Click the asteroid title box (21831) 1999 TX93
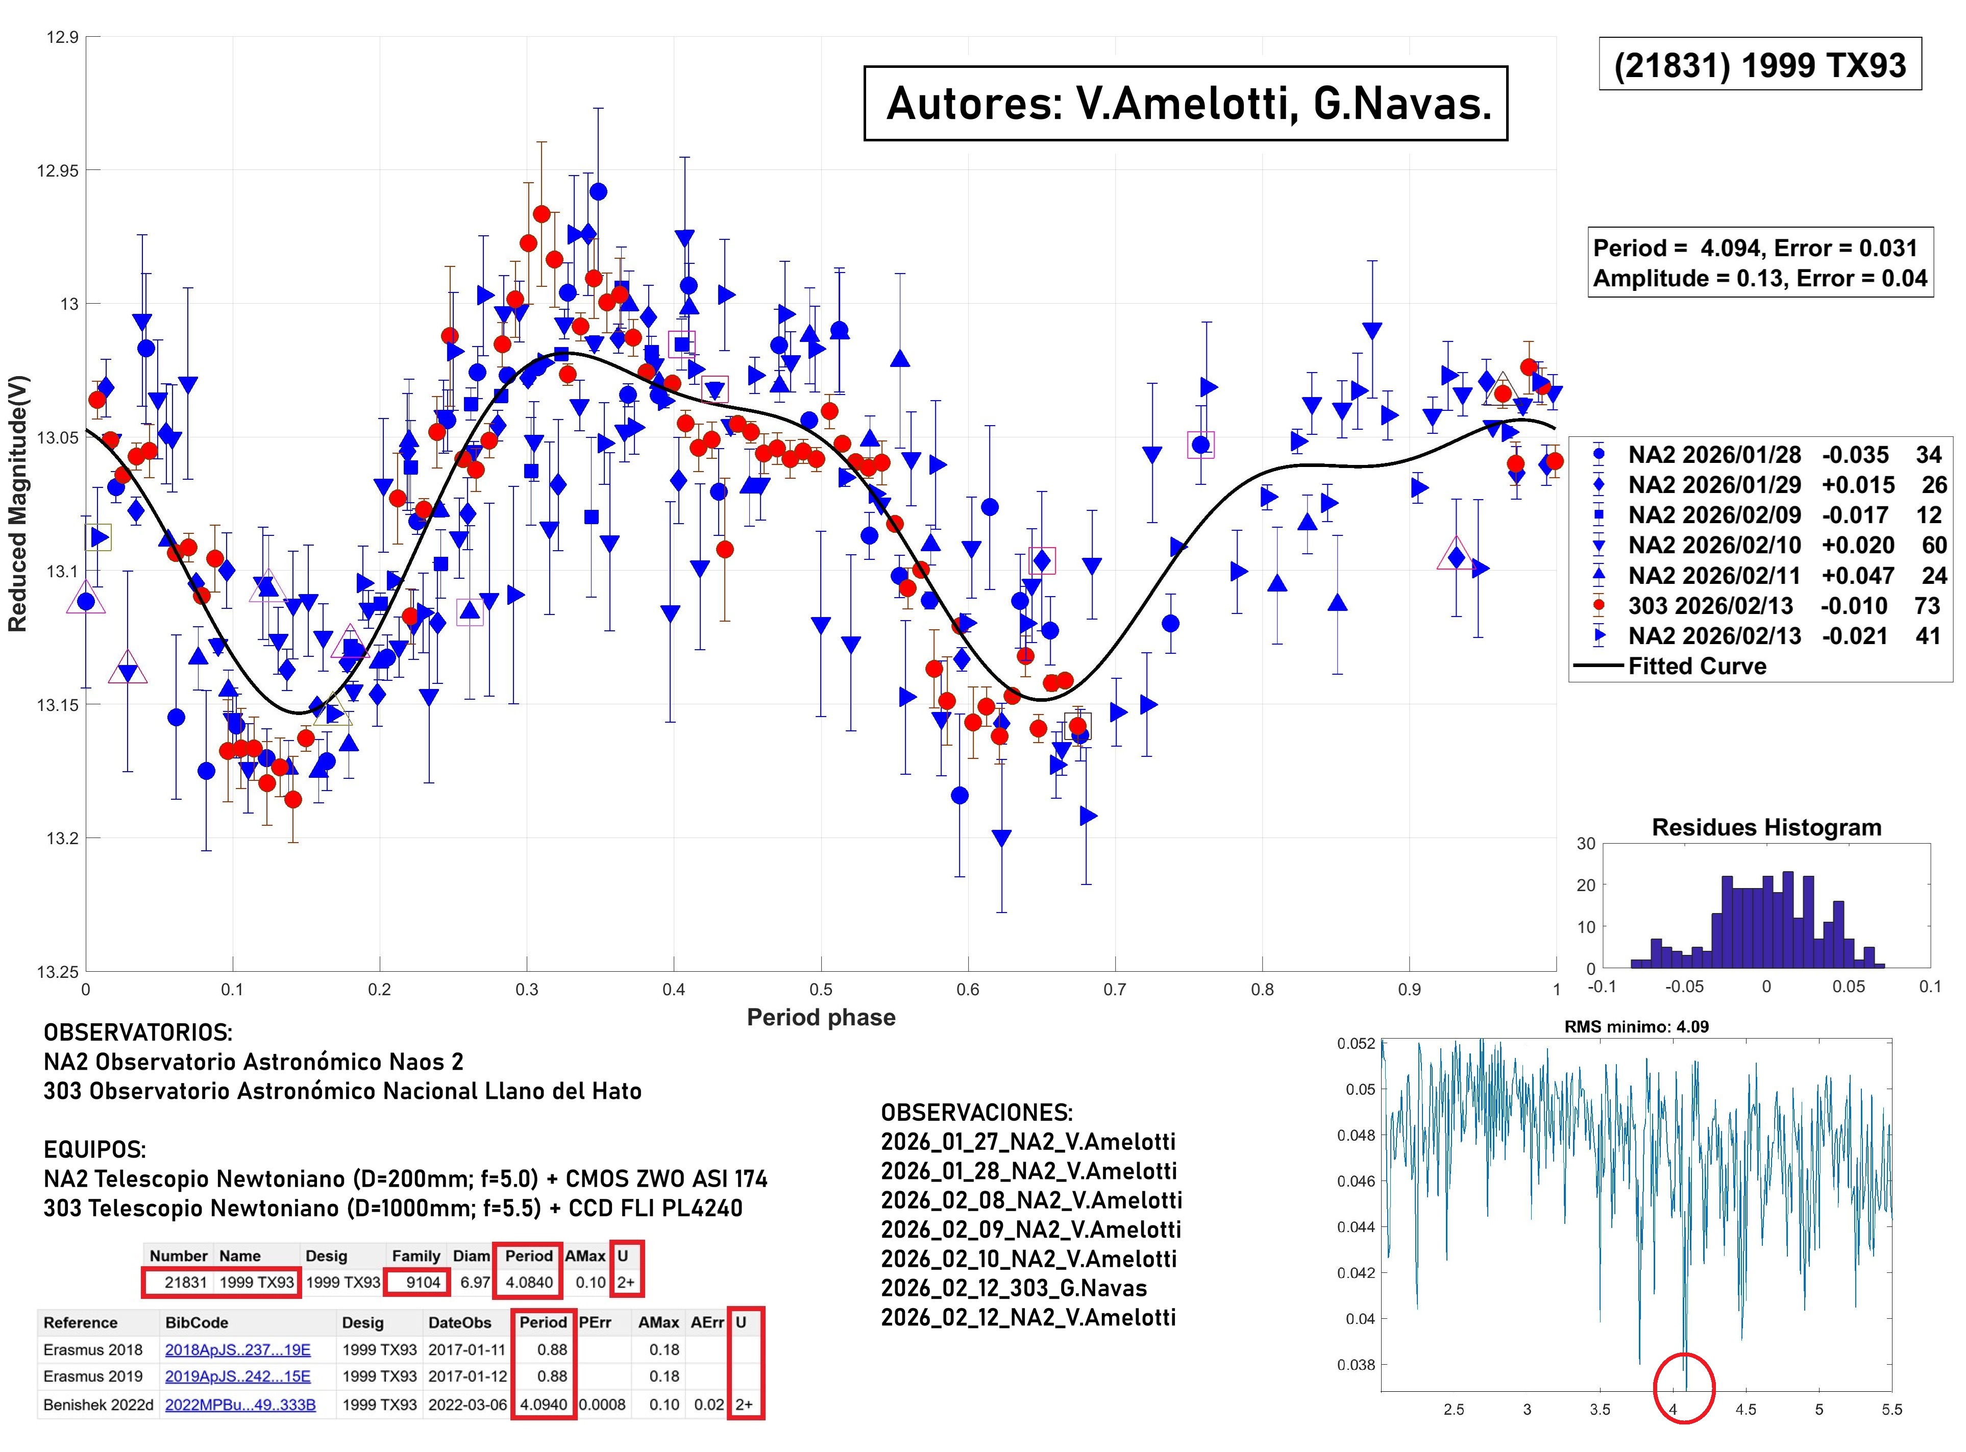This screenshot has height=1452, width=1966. (1759, 64)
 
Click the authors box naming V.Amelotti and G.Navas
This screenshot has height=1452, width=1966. (1186, 104)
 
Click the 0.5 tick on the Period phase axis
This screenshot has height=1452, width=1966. (821, 990)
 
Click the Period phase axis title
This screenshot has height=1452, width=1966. (821, 1018)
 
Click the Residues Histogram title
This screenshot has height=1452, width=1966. (1766, 827)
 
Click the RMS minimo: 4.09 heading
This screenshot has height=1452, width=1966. (1636, 1026)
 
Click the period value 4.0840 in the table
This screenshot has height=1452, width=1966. (529, 1283)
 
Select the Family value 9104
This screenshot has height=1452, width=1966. (423, 1283)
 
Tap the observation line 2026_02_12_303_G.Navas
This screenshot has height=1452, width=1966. (1014, 1289)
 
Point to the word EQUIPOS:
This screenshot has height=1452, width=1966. (95, 1150)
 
